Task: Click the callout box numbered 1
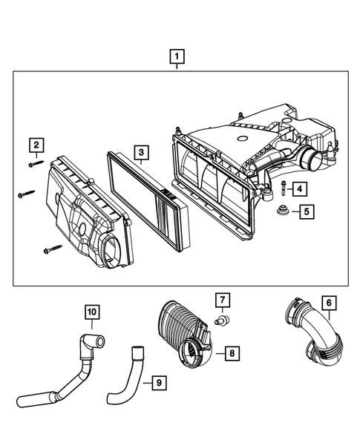pos(177,56)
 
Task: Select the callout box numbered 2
pos(36,144)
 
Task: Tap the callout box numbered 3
pos(139,154)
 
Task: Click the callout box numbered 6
pos(328,303)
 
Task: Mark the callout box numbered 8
pos(232,353)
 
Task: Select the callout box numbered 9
pos(156,383)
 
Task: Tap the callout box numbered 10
pos(91,312)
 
